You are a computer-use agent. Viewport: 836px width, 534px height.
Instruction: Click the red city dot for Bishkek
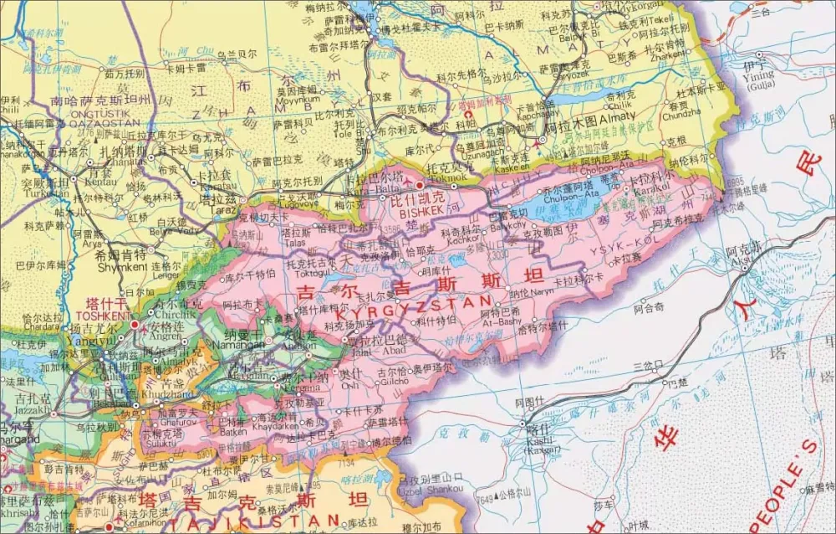click(x=420, y=184)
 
